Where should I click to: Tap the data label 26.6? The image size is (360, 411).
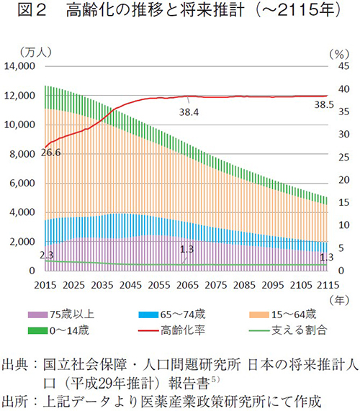[51, 152]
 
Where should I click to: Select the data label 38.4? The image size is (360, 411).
[189, 112]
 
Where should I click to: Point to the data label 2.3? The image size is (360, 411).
[48, 255]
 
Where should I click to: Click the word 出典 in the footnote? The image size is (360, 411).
[17, 363]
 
